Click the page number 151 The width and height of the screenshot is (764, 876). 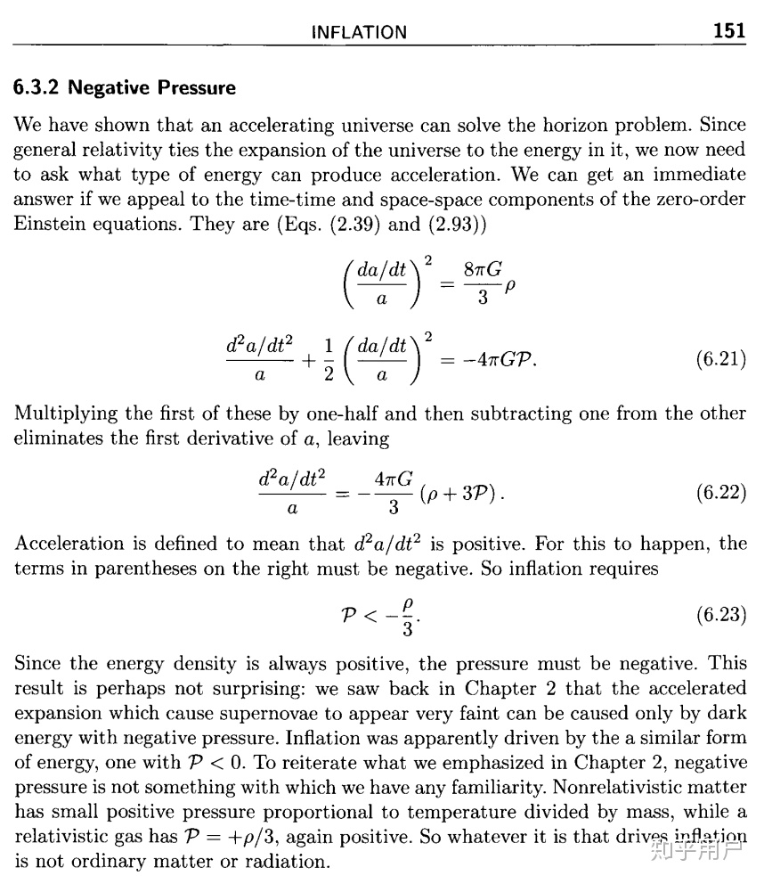(729, 31)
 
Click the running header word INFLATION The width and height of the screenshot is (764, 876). (359, 33)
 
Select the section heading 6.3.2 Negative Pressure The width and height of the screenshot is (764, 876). (125, 88)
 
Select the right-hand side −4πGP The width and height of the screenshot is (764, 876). (493, 360)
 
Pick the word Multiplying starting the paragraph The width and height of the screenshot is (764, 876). (66, 414)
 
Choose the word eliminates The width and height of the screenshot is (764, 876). (57, 438)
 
